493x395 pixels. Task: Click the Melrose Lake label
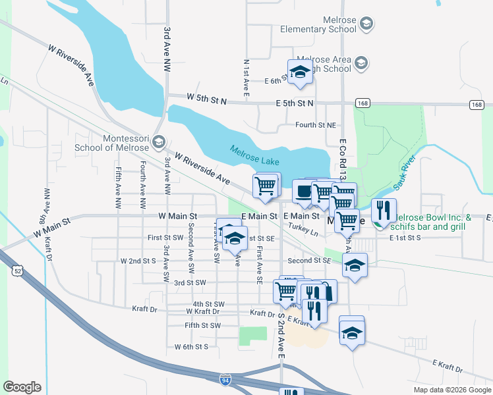[254, 155]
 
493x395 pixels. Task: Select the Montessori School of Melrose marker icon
[158, 141]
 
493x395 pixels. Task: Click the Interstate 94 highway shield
[225, 379]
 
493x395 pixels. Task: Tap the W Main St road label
[178, 216]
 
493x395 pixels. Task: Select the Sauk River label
[403, 171]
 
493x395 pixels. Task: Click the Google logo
[22, 387]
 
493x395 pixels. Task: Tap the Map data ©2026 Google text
[451, 390]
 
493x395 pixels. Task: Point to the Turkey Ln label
[303, 229]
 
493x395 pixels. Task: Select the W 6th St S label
[191, 346]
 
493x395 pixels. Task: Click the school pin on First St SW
[233, 238]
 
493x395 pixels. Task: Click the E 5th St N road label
[295, 103]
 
